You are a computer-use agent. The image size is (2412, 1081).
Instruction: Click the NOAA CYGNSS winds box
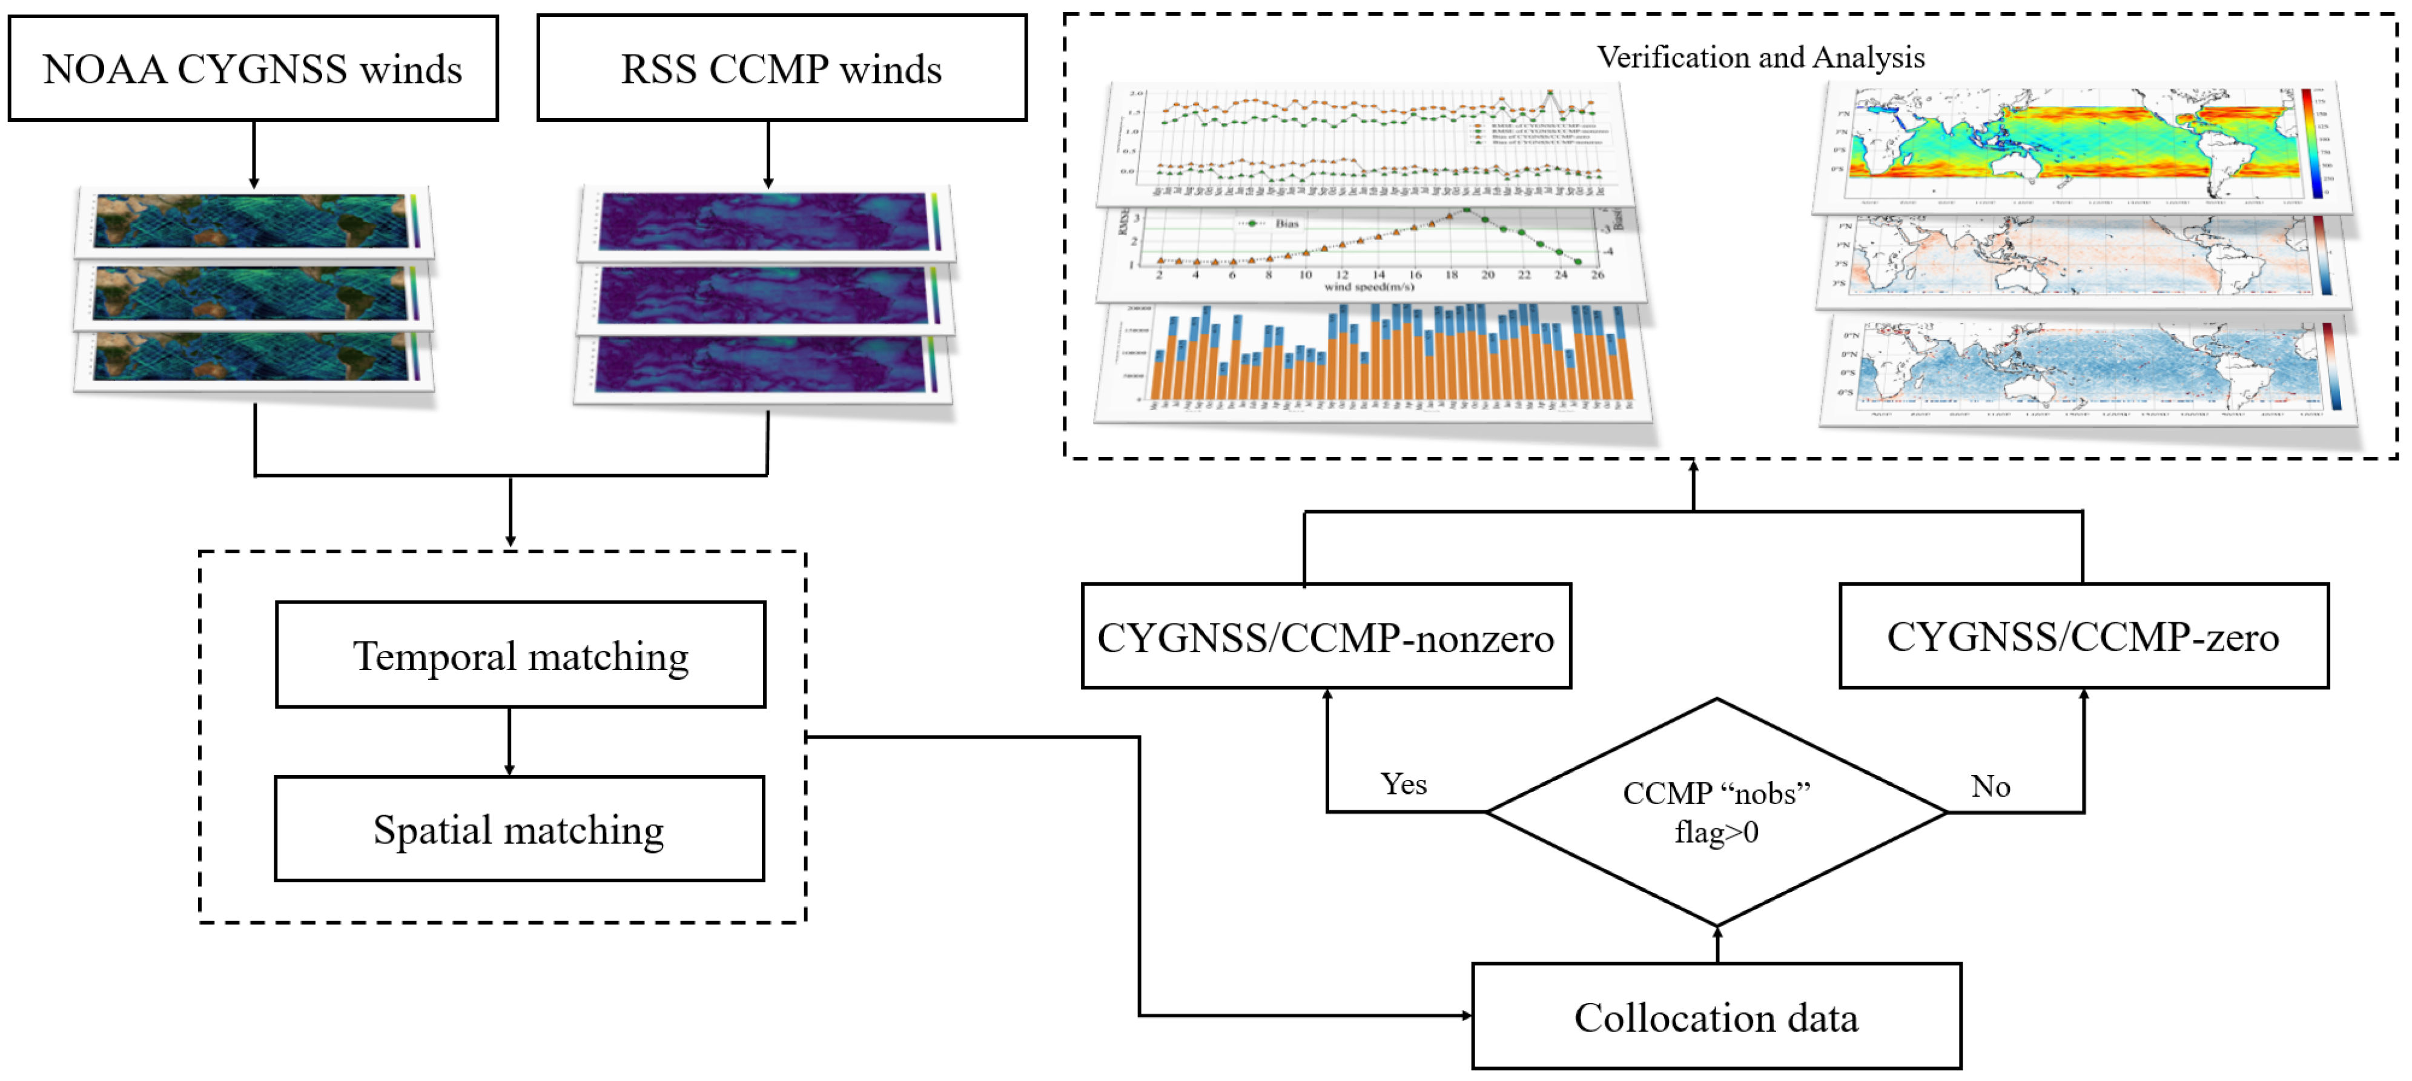(x=253, y=68)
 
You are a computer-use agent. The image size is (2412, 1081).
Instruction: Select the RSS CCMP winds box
(x=781, y=68)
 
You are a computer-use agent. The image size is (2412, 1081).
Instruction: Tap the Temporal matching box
(x=521, y=655)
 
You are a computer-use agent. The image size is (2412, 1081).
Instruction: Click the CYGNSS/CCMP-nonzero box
(x=1326, y=637)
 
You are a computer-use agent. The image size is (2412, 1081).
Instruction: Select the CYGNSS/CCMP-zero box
(x=2083, y=637)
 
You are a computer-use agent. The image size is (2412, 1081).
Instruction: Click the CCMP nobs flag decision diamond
(x=1716, y=812)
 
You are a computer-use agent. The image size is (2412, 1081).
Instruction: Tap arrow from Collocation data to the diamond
(x=1717, y=944)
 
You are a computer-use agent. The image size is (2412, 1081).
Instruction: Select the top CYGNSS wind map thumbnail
(x=253, y=222)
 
